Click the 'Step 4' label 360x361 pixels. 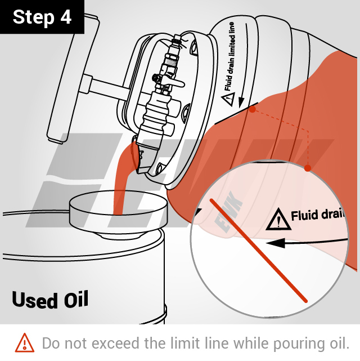pos(42,17)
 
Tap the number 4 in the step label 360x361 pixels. pos(66,17)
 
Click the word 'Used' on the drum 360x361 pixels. pos(34,300)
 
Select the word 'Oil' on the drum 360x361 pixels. pos(76,299)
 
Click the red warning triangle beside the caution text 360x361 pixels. pos(25,344)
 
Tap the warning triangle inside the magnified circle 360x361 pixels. pos(278,220)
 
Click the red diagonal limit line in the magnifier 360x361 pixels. pos(259,251)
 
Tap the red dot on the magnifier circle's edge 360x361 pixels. pos(308,168)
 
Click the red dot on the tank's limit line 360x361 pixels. pos(253,109)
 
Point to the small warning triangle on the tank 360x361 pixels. pos(228,99)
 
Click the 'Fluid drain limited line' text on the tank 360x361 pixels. pos(229,57)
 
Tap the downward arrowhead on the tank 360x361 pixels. pos(241,102)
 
